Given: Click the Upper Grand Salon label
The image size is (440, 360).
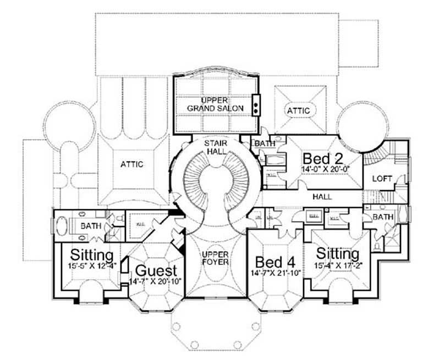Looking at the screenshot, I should click(214, 104).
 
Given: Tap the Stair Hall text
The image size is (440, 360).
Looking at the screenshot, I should click(214, 148).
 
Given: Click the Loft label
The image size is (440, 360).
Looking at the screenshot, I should click(382, 179).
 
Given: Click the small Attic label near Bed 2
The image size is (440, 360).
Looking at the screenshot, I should click(299, 111).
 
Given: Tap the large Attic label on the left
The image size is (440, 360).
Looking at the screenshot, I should click(131, 164).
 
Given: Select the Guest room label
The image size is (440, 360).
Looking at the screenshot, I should click(156, 270).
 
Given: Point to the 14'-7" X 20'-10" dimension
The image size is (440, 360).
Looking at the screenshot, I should click(156, 281).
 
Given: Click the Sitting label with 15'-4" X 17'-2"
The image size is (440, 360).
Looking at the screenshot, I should click(338, 254).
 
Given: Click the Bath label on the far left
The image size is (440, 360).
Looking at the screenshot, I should click(89, 225).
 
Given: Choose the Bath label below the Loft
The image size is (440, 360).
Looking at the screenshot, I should click(382, 218).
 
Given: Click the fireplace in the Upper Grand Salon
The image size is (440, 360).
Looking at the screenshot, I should click(256, 103).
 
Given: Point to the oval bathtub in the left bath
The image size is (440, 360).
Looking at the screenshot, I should click(62, 225).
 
